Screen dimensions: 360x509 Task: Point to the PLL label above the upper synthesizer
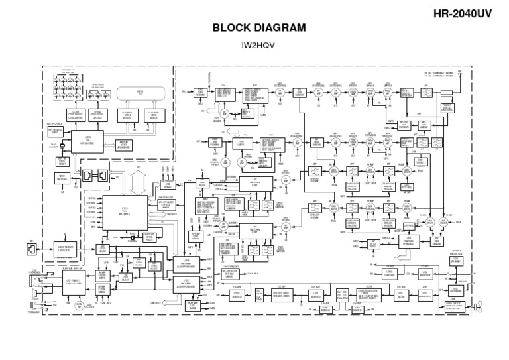pyautogui.click(x=223, y=85)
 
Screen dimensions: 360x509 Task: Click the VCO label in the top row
pyautogui.click(x=255, y=85)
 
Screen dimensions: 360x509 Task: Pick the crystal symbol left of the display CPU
pyautogui.click(x=54, y=148)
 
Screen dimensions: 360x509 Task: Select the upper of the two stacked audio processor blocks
pyautogui.click(x=187, y=263)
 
